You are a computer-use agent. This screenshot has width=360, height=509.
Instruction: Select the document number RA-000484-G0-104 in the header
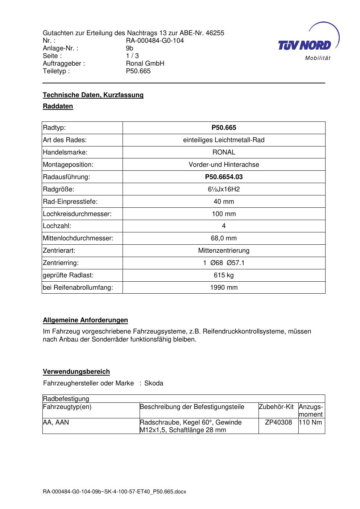155,41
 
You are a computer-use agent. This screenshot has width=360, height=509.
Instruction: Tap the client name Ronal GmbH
145,63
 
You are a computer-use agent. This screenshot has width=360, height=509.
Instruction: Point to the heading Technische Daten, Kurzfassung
93,95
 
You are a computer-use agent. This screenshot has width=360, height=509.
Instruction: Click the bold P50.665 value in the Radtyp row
224,128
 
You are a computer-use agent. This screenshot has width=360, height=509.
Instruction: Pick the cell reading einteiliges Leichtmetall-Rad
224,140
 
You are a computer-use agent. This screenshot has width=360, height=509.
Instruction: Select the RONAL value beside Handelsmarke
224,152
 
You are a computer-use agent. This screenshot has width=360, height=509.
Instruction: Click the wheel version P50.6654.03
224,177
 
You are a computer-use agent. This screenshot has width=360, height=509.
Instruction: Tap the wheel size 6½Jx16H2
224,189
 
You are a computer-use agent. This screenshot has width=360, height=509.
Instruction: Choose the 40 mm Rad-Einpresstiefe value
224,202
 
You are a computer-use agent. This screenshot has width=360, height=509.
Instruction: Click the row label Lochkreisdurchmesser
77,214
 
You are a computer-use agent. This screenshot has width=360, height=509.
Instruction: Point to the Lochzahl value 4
224,226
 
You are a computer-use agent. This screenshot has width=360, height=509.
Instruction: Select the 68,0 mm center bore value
224,238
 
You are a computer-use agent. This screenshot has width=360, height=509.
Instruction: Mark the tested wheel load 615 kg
224,275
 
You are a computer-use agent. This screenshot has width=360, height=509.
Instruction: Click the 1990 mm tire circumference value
224,287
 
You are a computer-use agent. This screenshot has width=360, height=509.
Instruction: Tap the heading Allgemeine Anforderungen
85,320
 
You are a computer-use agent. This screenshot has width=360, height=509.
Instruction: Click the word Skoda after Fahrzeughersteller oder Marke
154,383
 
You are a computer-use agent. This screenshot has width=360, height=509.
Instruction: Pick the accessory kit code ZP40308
278,422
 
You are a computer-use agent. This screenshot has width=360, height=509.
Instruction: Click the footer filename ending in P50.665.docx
114,492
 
